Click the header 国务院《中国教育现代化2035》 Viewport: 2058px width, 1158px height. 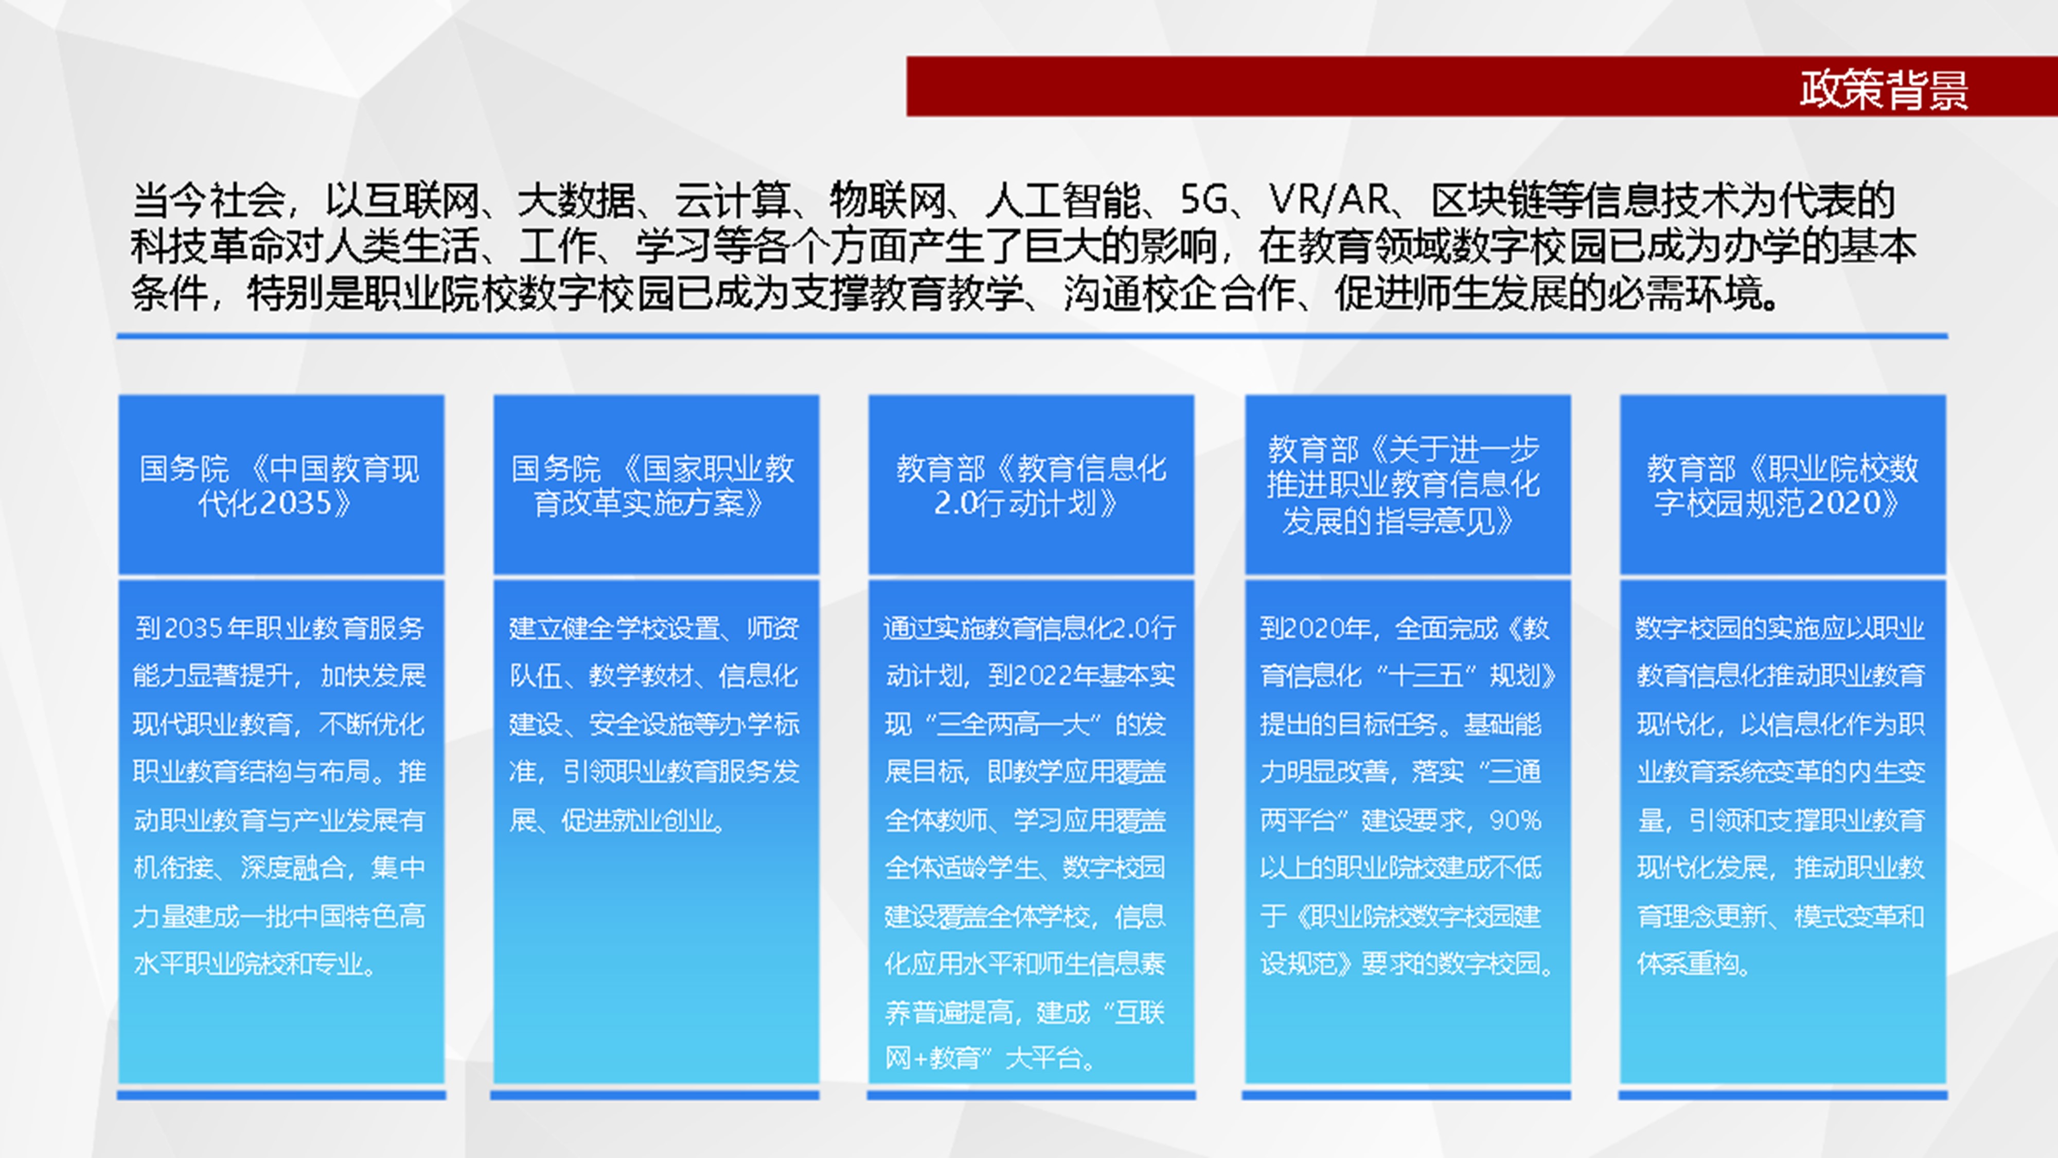[279, 485]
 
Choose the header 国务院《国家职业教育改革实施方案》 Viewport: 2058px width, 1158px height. [653, 485]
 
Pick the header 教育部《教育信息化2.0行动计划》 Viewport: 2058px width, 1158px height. [1031, 485]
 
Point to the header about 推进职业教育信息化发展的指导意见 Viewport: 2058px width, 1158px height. [1404, 484]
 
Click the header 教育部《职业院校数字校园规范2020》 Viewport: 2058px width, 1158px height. [1782, 485]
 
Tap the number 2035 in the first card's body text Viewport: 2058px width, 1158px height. [193, 628]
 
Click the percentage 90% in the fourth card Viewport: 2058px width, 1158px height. [1516, 820]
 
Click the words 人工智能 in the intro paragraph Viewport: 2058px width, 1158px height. [1062, 200]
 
